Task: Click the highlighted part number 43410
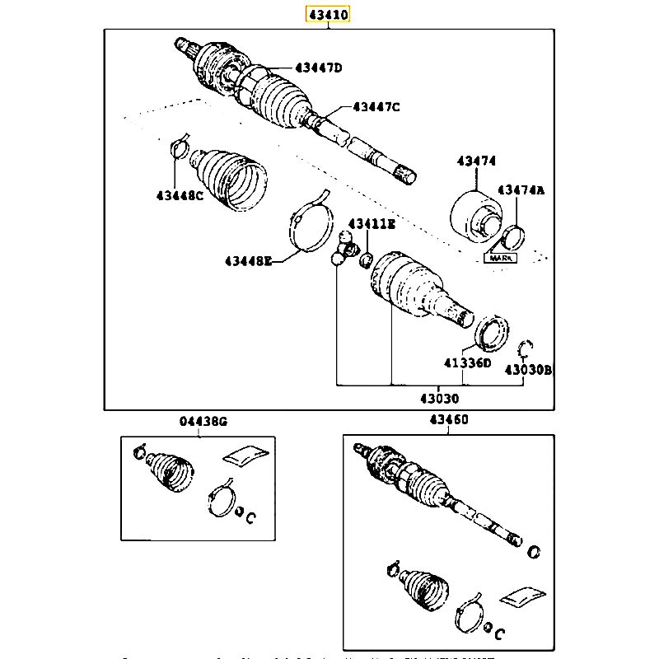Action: (329, 14)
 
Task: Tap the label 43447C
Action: (376, 105)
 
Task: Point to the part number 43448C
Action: (179, 195)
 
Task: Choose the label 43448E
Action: (247, 261)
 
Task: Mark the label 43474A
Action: (524, 189)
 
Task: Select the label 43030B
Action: (528, 370)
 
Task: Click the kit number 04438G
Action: (201, 421)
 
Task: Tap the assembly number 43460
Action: (448, 420)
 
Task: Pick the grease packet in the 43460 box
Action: (524, 597)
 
